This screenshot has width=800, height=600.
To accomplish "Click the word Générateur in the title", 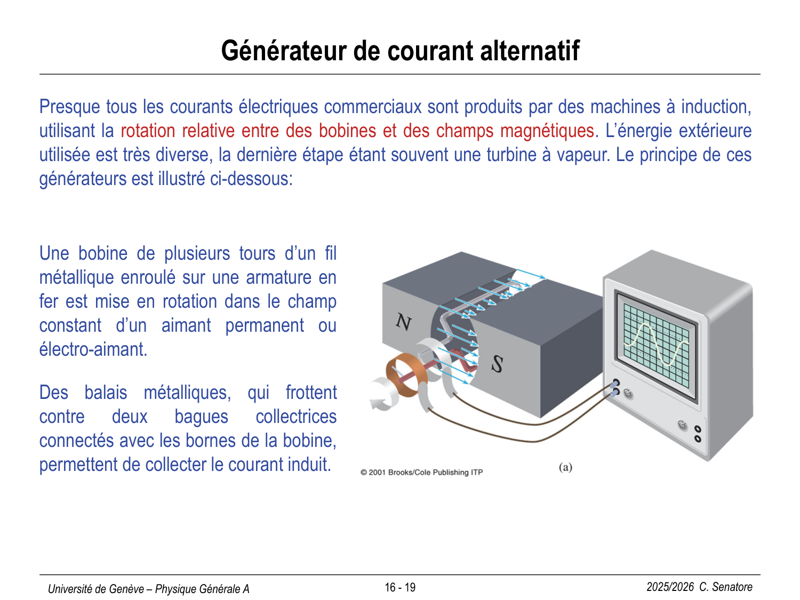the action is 284,51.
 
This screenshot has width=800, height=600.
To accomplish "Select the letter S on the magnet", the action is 498,364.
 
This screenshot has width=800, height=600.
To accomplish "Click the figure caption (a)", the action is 565,467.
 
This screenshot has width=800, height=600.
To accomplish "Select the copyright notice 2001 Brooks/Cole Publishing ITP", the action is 422,473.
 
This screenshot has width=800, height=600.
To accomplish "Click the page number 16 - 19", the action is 400,587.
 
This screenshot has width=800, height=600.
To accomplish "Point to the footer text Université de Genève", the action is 95,589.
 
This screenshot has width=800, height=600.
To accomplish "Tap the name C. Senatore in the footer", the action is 726,587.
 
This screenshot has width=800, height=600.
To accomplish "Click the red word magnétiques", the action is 547,131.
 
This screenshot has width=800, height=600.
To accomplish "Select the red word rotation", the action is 148,131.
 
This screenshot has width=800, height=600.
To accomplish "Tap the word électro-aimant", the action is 93,349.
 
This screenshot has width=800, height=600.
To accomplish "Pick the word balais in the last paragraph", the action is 106,393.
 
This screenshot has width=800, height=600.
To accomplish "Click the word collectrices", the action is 296,417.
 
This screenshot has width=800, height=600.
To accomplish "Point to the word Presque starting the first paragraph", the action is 70,108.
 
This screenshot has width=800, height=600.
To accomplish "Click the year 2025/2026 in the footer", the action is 670,587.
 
